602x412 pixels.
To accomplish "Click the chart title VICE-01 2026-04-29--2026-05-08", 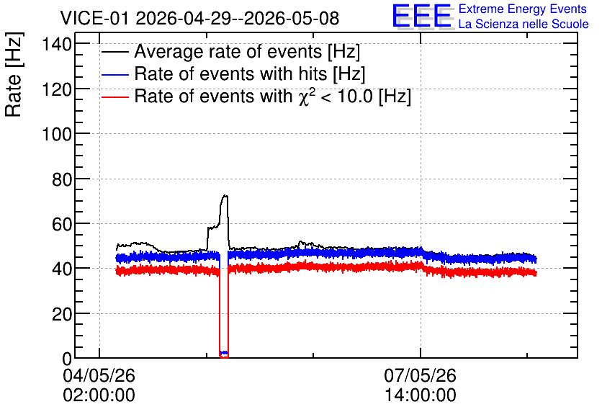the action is [x=199, y=18].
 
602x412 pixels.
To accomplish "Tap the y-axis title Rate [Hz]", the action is [x=14, y=74].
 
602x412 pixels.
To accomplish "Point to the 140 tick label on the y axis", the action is [x=57, y=45].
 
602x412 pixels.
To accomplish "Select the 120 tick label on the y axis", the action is [x=57, y=89].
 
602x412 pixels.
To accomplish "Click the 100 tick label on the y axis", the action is [x=57, y=135].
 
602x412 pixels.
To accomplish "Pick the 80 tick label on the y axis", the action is [x=62, y=179].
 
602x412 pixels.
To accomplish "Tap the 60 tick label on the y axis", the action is [x=62, y=224].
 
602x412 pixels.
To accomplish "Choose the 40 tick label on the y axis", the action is [x=62, y=269].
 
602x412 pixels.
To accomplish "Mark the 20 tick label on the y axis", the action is [x=62, y=314].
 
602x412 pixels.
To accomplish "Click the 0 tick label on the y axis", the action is [x=67, y=359].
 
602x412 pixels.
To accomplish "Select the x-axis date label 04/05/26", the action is [x=99, y=375].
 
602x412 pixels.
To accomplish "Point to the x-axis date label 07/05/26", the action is [x=420, y=375].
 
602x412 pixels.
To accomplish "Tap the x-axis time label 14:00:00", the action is [x=421, y=395].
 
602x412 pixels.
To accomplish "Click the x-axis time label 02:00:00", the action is [x=99, y=395].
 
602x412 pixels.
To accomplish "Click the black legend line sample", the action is [x=114, y=52].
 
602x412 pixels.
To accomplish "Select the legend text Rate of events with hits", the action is [x=230, y=73].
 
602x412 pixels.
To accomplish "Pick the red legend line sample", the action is [x=114, y=97].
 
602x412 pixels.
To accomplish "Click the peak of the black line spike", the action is [x=225, y=195].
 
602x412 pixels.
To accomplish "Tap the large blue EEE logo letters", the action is [x=422, y=16].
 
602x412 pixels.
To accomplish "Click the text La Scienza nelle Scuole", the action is [x=524, y=24].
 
